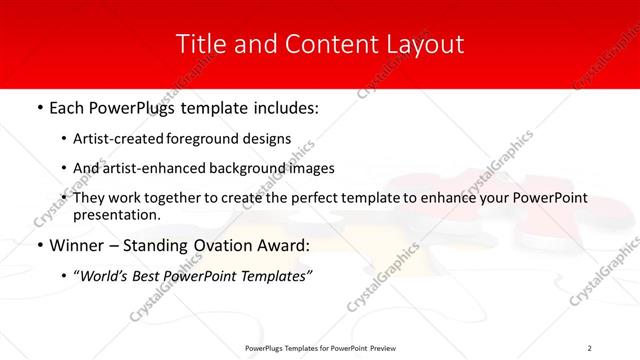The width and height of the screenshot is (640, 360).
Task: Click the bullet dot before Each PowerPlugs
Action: click(39, 105)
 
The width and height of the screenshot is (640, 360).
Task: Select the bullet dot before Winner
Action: click(39, 244)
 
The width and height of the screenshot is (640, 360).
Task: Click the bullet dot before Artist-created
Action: click(64, 139)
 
